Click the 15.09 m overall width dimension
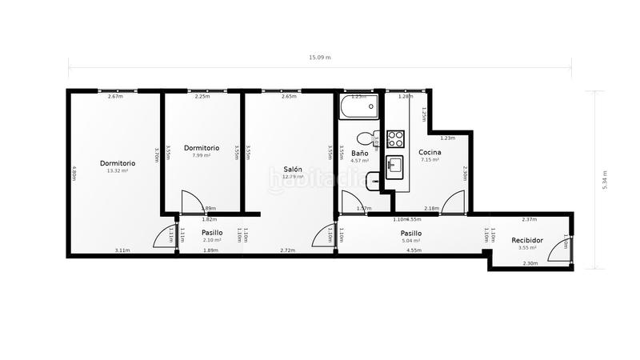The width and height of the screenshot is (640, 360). [x=320, y=58]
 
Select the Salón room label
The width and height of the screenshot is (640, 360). [x=293, y=169]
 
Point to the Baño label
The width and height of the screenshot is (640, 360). [x=359, y=152]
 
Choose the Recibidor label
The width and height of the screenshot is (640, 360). [x=527, y=239]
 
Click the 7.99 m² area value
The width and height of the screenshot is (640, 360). [x=201, y=155]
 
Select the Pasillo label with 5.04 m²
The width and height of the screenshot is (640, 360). [x=411, y=233]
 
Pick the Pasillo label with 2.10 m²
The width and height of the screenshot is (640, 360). [x=212, y=232]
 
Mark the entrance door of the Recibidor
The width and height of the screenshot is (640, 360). [x=566, y=248]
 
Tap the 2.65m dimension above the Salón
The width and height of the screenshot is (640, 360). [x=289, y=97]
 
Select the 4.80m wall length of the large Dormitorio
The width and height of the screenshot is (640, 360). [x=74, y=174]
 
